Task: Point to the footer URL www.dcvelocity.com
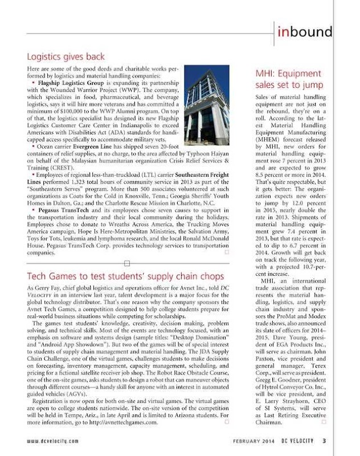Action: pos(55,441)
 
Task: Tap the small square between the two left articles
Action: pos(127,263)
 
